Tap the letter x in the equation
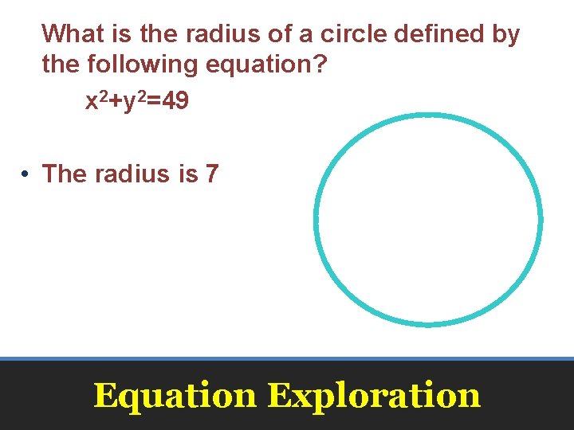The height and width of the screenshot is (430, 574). (x=91, y=104)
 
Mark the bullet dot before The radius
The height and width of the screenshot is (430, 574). (x=26, y=174)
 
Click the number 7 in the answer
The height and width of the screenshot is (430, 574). (x=211, y=174)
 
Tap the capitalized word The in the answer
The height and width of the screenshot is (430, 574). (x=65, y=174)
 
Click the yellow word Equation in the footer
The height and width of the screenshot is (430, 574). (x=175, y=395)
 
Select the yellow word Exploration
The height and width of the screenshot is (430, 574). (x=374, y=395)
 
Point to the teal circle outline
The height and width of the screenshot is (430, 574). (x=316, y=219)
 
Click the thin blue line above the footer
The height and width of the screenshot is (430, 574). (x=287, y=359)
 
